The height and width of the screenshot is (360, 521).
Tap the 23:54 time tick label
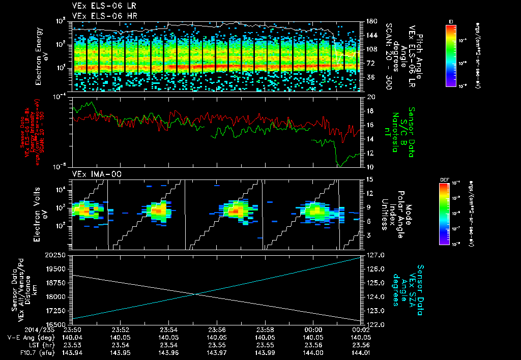(x=168, y=329)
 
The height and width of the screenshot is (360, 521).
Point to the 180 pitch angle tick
(x=370, y=21)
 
